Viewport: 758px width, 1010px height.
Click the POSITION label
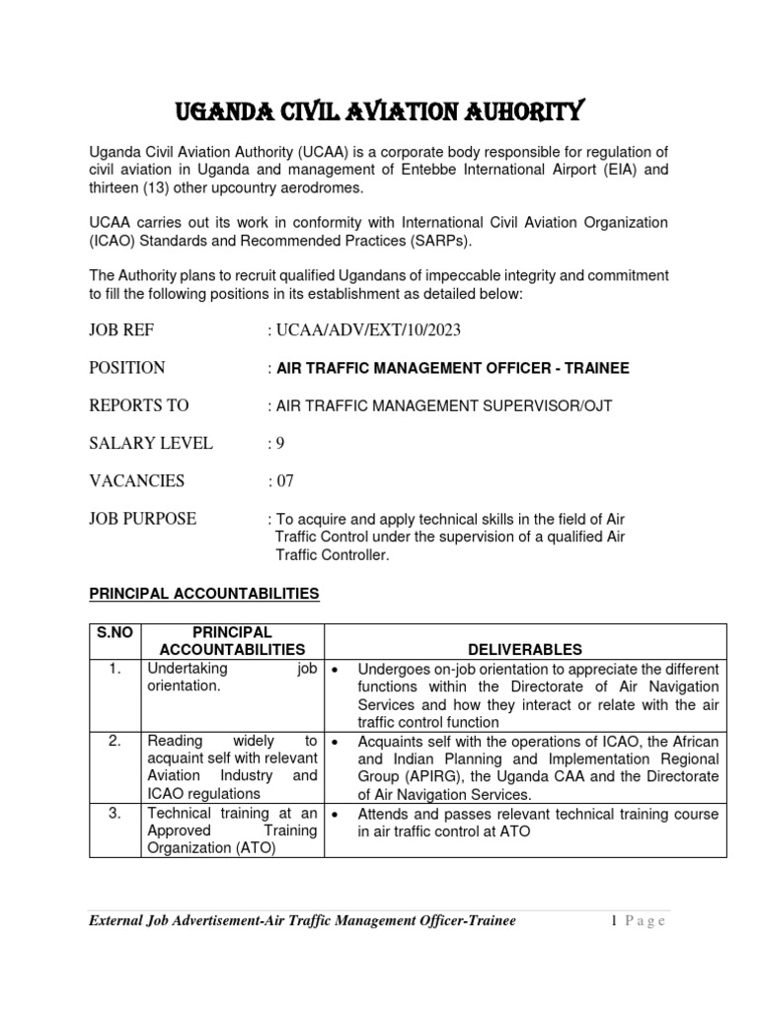(x=127, y=368)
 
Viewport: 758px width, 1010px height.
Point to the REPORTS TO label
(x=139, y=405)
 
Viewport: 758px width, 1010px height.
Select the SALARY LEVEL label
(x=151, y=443)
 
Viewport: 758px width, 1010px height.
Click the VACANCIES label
(x=137, y=480)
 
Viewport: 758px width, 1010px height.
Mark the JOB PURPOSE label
(x=143, y=518)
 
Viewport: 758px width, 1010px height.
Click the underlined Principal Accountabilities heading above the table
(x=204, y=594)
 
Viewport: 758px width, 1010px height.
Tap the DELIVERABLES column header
(x=525, y=649)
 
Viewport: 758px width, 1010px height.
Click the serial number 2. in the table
(x=115, y=741)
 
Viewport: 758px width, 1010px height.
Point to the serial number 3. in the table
(x=115, y=814)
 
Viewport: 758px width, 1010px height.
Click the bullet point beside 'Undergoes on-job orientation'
(x=337, y=670)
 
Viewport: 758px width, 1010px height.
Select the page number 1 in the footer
(x=613, y=921)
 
